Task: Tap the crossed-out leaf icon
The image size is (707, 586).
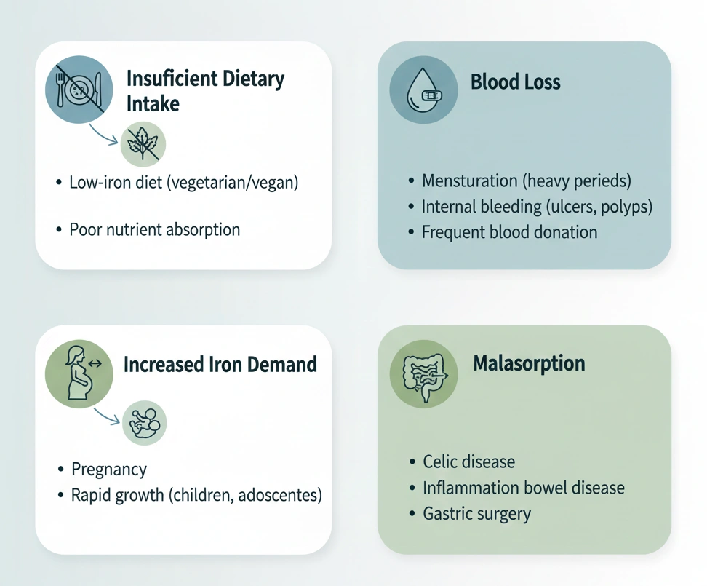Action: [x=143, y=143]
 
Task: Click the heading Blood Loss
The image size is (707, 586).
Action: [x=515, y=82]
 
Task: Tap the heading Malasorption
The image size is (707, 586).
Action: [x=529, y=363]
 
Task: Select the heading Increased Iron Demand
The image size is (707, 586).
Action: [x=220, y=364]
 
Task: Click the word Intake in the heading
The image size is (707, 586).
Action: [x=153, y=103]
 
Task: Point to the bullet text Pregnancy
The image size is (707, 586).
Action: [x=109, y=470]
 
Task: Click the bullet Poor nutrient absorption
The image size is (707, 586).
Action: [x=154, y=229]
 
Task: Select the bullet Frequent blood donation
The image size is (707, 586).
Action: [x=509, y=232]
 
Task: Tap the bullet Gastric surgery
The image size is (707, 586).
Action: [x=476, y=514]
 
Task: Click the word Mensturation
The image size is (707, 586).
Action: [x=471, y=180]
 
